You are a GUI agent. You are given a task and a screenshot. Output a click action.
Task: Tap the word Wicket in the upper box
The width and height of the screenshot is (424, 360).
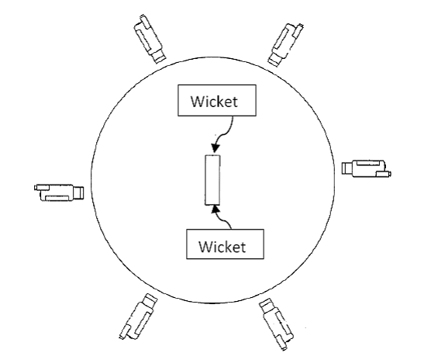[x=214, y=102]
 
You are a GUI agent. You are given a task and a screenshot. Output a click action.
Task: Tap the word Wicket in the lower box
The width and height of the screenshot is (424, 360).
[x=222, y=247]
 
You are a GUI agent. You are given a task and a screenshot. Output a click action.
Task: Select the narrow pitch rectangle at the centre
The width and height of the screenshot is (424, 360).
[x=212, y=180]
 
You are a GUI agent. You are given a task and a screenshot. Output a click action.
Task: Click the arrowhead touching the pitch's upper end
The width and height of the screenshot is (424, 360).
[x=215, y=148]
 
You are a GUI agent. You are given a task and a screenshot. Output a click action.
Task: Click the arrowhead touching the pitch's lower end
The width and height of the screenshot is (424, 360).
[x=215, y=209]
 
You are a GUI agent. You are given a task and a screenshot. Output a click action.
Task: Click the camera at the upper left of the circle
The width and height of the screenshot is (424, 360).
[x=150, y=40]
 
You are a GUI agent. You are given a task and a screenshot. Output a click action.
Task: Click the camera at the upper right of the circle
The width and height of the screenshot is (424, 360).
[x=285, y=45]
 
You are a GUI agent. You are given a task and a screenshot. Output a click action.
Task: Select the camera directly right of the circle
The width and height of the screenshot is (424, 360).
[x=367, y=168]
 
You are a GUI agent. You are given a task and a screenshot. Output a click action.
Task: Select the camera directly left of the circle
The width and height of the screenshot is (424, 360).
[x=59, y=192]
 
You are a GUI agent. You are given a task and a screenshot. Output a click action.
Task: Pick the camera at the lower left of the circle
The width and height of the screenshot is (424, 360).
[x=139, y=317]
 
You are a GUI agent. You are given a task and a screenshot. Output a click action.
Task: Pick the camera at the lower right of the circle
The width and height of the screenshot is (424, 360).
[x=277, y=324]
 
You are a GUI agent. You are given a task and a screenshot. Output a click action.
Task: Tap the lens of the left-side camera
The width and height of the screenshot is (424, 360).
[x=79, y=192]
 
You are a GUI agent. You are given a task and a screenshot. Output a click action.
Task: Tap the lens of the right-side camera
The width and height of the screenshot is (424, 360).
[x=346, y=168]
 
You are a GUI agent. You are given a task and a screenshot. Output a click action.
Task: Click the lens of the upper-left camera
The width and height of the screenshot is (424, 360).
[x=159, y=57]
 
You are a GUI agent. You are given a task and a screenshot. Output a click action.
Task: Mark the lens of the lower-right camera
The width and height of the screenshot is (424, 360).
[x=267, y=306]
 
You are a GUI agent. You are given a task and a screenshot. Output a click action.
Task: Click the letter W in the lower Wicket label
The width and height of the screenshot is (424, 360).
[x=205, y=247]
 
